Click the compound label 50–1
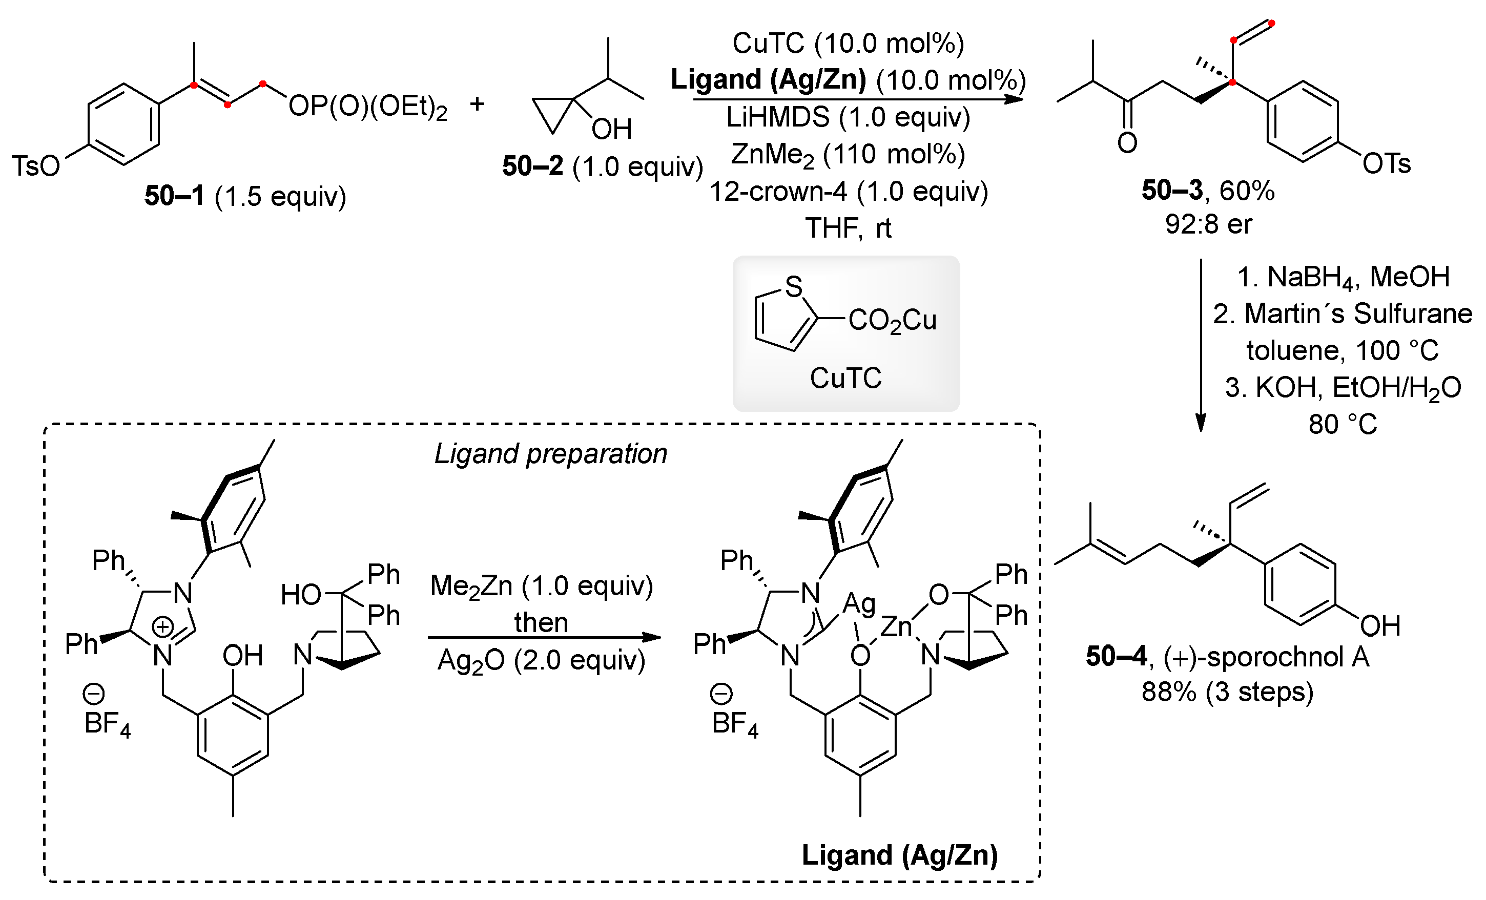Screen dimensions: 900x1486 pyautogui.click(x=174, y=196)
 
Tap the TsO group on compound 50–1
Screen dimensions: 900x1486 pyautogui.click(x=36, y=166)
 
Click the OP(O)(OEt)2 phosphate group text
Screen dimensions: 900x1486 pyautogui.click(x=368, y=107)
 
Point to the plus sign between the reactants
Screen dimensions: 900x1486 pyautogui.click(x=477, y=104)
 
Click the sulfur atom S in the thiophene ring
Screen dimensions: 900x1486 pyautogui.click(x=794, y=286)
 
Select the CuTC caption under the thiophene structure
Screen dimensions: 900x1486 pyautogui.click(x=845, y=378)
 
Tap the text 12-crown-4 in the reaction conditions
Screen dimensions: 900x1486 pyautogui.click(x=778, y=192)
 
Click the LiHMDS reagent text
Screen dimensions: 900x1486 pyautogui.click(x=777, y=117)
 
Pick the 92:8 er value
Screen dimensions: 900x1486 pyautogui.click(x=1208, y=224)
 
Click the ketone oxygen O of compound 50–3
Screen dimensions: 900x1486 pyautogui.click(x=1127, y=143)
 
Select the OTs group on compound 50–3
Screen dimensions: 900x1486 pyautogui.click(x=1387, y=164)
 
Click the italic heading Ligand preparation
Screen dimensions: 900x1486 pyautogui.click(x=550, y=453)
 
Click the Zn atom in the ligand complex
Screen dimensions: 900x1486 pyautogui.click(x=896, y=627)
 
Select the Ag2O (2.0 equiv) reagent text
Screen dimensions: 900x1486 pyautogui.click(x=541, y=661)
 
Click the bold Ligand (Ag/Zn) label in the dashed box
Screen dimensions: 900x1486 pyautogui.click(x=899, y=855)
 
